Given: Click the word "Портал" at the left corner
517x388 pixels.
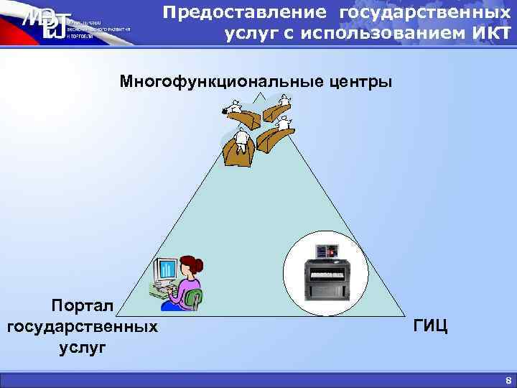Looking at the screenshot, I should [83, 306].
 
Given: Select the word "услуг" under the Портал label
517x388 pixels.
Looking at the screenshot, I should [83, 348].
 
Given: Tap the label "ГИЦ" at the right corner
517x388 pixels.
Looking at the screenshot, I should [431, 326].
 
